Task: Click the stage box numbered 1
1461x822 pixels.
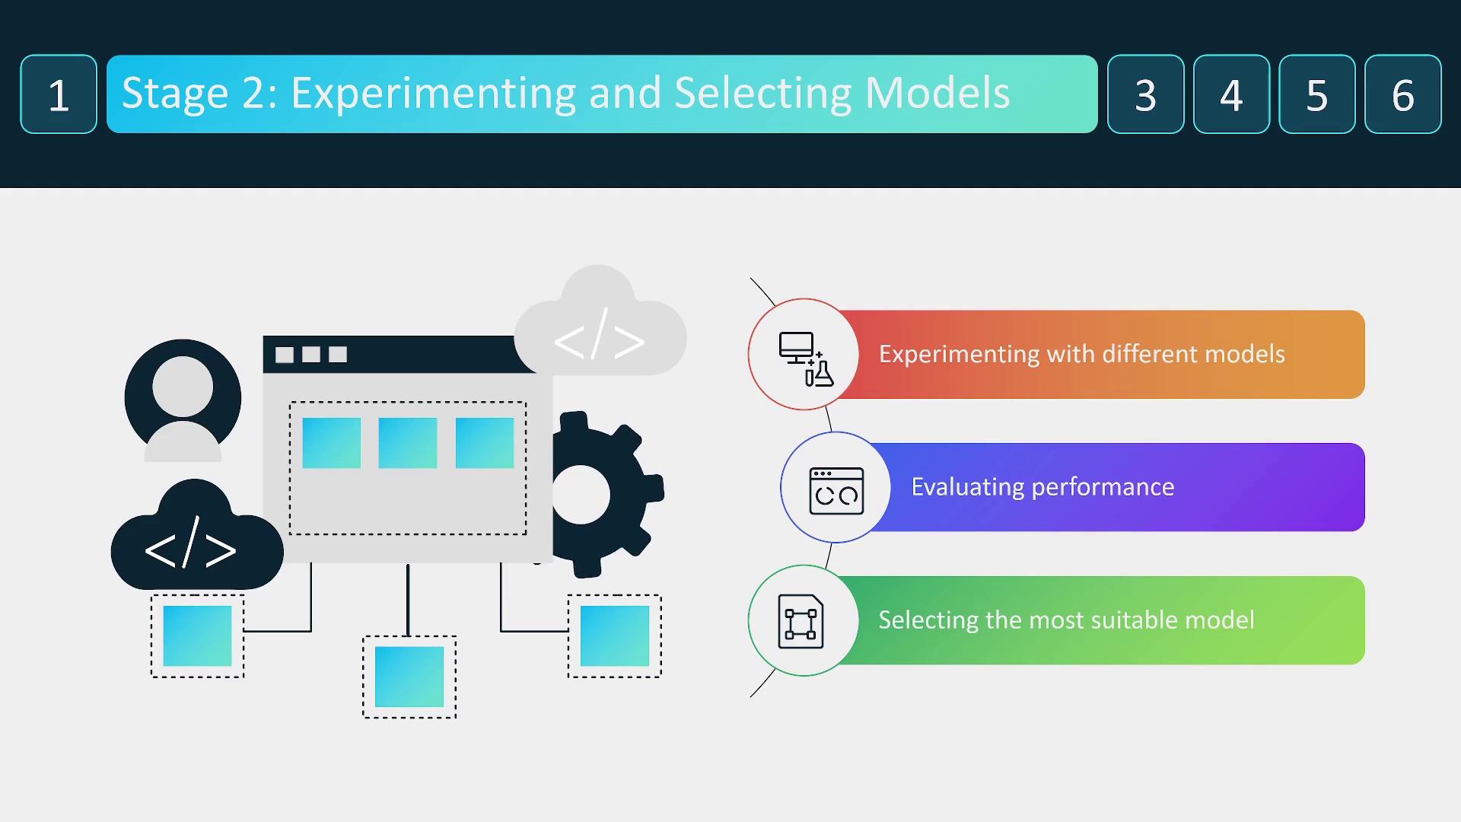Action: pyautogui.click(x=59, y=94)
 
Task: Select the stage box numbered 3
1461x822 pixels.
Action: pyautogui.click(x=1145, y=94)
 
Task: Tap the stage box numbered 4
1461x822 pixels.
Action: pyautogui.click(x=1231, y=94)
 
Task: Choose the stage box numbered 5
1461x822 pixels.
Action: pyautogui.click(x=1317, y=94)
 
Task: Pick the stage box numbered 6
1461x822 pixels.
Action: pyautogui.click(x=1402, y=94)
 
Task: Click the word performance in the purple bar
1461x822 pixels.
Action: pyautogui.click(x=1103, y=487)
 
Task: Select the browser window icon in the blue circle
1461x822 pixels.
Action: pyautogui.click(x=836, y=491)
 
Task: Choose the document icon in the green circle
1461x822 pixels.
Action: pyautogui.click(x=801, y=621)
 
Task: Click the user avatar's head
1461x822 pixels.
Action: pyautogui.click(x=183, y=386)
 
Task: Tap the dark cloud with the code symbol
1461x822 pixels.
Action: pyautogui.click(x=197, y=537)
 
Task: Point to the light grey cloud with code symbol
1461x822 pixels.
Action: pyautogui.click(x=600, y=323)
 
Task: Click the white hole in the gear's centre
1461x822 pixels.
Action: pyautogui.click(x=581, y=495)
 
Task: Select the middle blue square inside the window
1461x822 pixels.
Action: pyautogui.click(x=408, y=443)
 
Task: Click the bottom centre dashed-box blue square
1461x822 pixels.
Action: pyautogui.click(x=409, y=677)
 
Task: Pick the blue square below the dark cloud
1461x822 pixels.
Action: pyautogui.click(x=197, y=636)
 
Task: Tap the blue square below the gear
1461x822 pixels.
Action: pyautogui.click(x=615, y=636)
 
